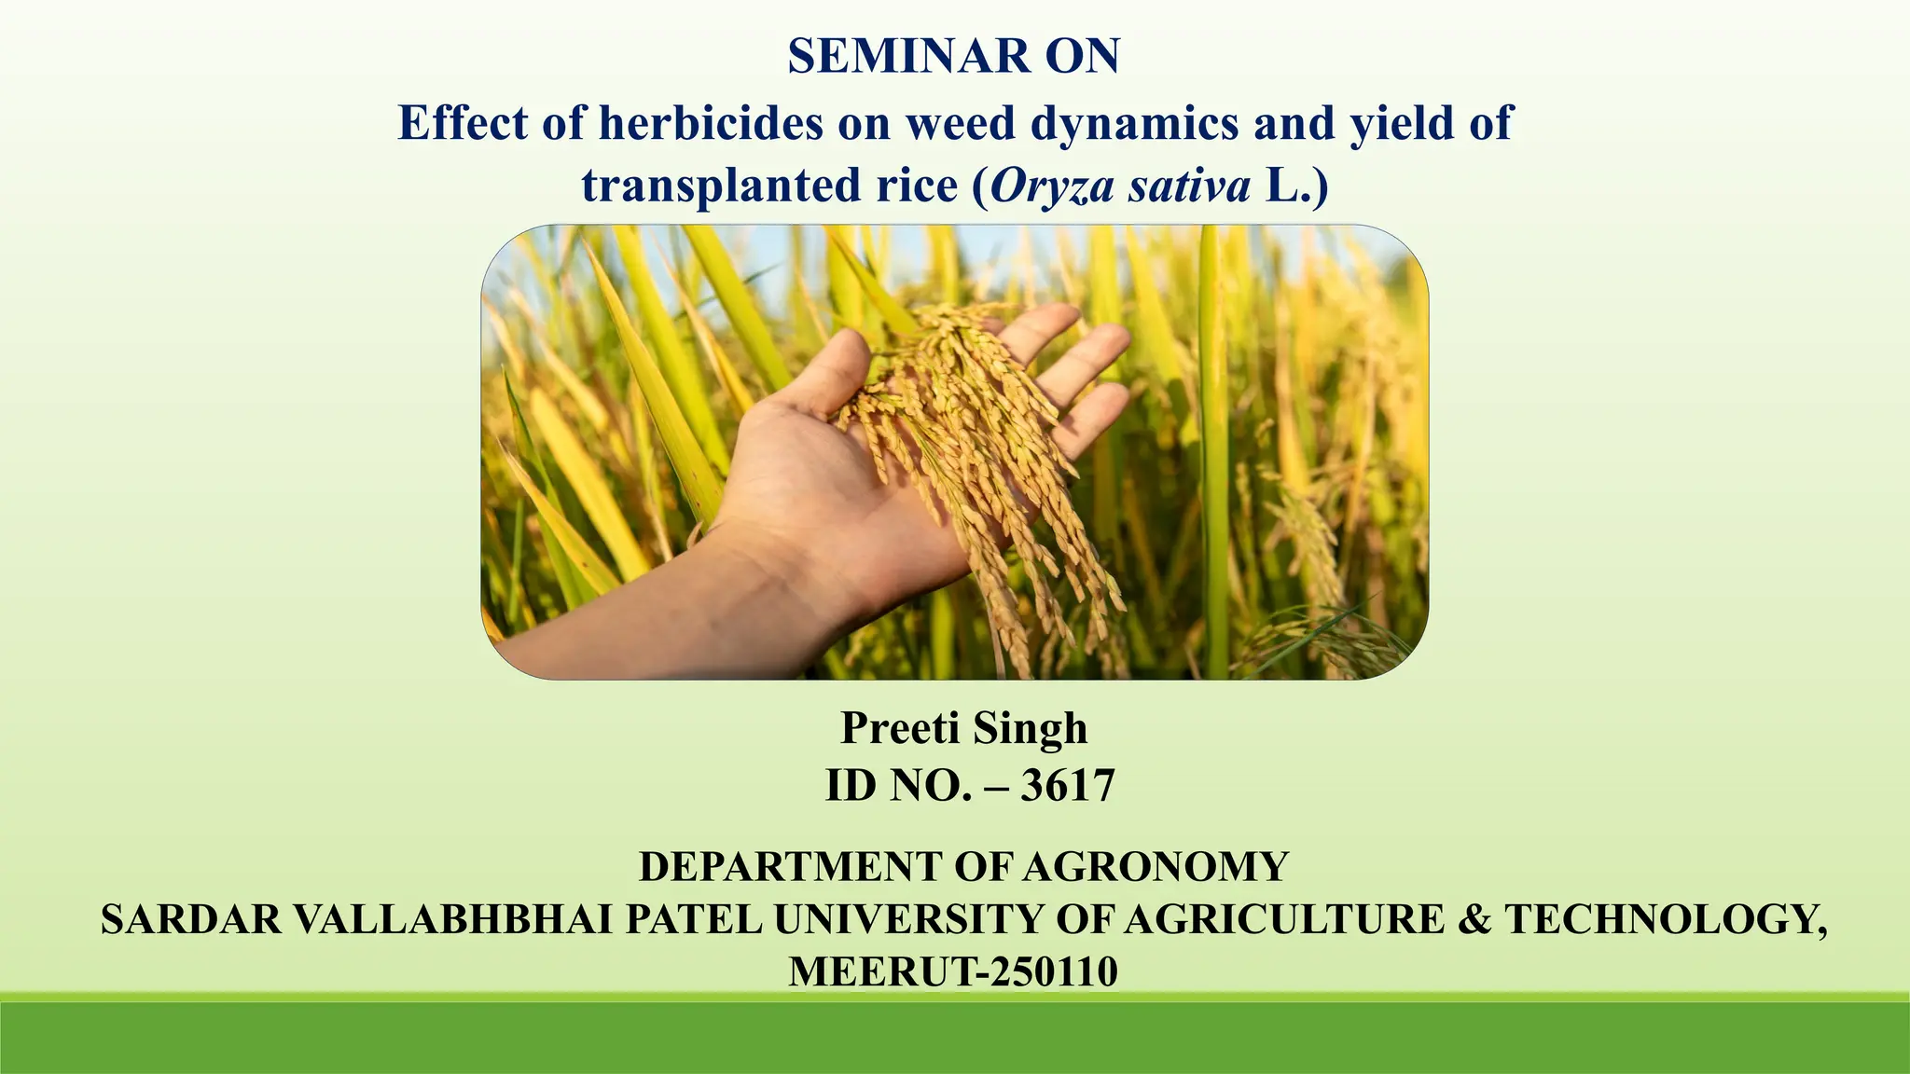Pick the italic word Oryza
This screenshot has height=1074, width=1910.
click(x=1051, y=186)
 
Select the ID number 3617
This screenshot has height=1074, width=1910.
click(x=1067, y=785)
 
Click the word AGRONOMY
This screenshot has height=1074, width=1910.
click(x=1156, y=867)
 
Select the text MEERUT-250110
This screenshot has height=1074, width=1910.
click(x=953, y=971)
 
